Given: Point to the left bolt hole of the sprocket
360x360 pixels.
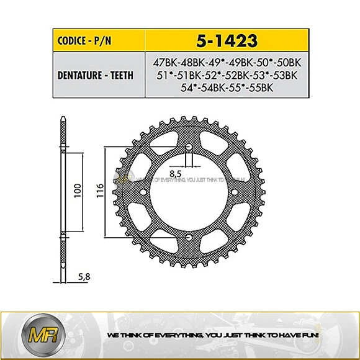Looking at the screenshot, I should [143, 192].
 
